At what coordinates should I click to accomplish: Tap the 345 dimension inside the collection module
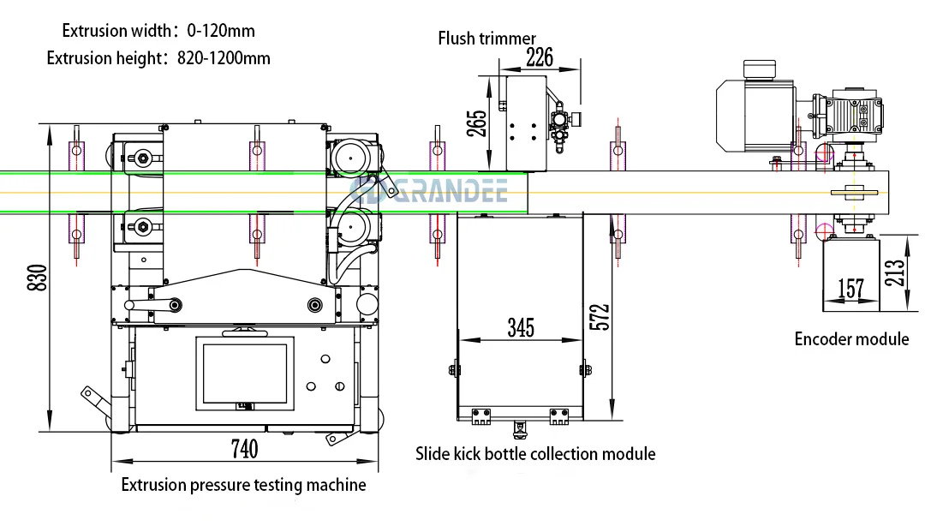coord(520,327)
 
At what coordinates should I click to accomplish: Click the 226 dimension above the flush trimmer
coord(539,57)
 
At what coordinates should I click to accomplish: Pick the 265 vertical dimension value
coord(477,122)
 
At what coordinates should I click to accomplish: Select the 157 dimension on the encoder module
coord(850,289)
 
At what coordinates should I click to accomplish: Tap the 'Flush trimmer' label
coord(486,39)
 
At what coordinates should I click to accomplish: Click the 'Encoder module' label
coord(851,339)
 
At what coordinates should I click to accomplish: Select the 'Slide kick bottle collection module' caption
coord(535,454)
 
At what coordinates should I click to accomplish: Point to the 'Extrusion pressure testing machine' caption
coord(243,485)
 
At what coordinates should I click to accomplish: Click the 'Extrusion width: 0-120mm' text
coord(158,31)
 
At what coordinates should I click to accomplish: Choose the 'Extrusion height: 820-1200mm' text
coord(158,58)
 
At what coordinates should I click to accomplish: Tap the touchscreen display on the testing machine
coord(245,374)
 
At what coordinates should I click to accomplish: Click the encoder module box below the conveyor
coord(850,274)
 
